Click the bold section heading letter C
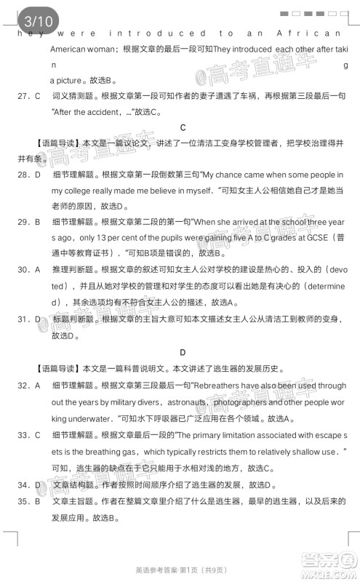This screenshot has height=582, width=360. [183, 127]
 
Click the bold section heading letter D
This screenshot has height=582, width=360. [183, 352]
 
